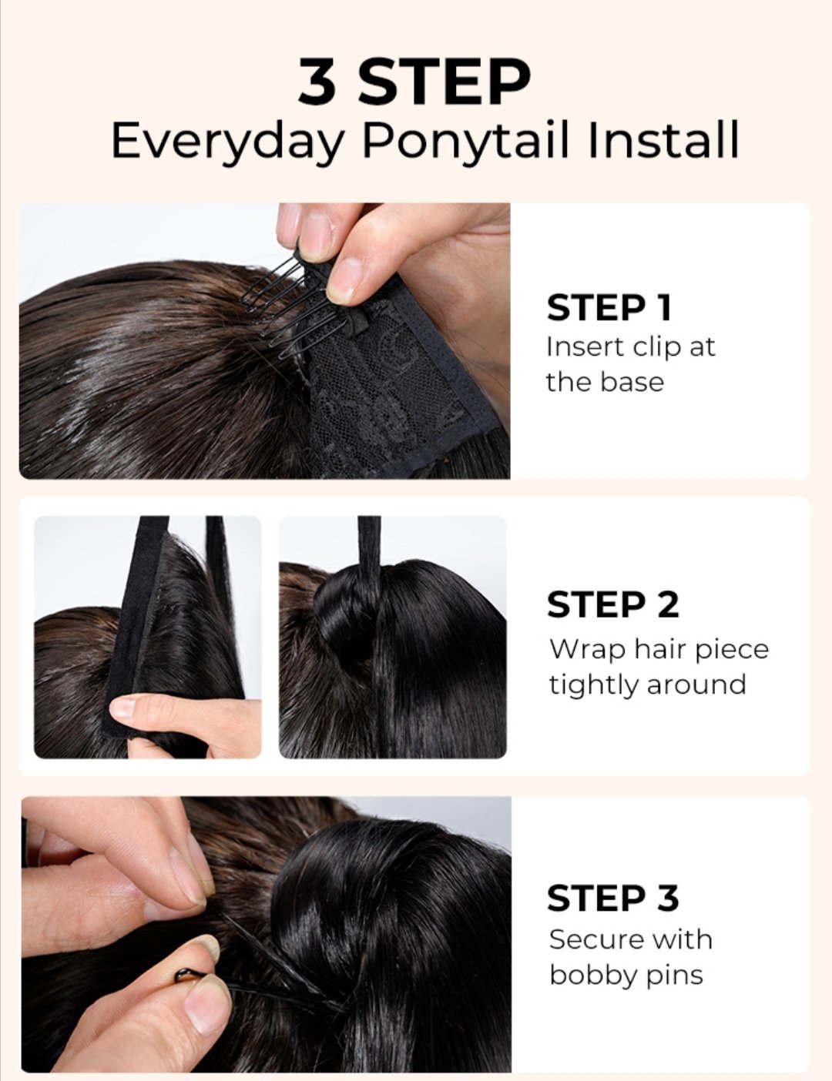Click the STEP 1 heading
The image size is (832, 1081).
click(x=609, y=308)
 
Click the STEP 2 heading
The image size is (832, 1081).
click(x=612, y=604)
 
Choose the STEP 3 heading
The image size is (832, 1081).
click(x=612, y=898)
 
